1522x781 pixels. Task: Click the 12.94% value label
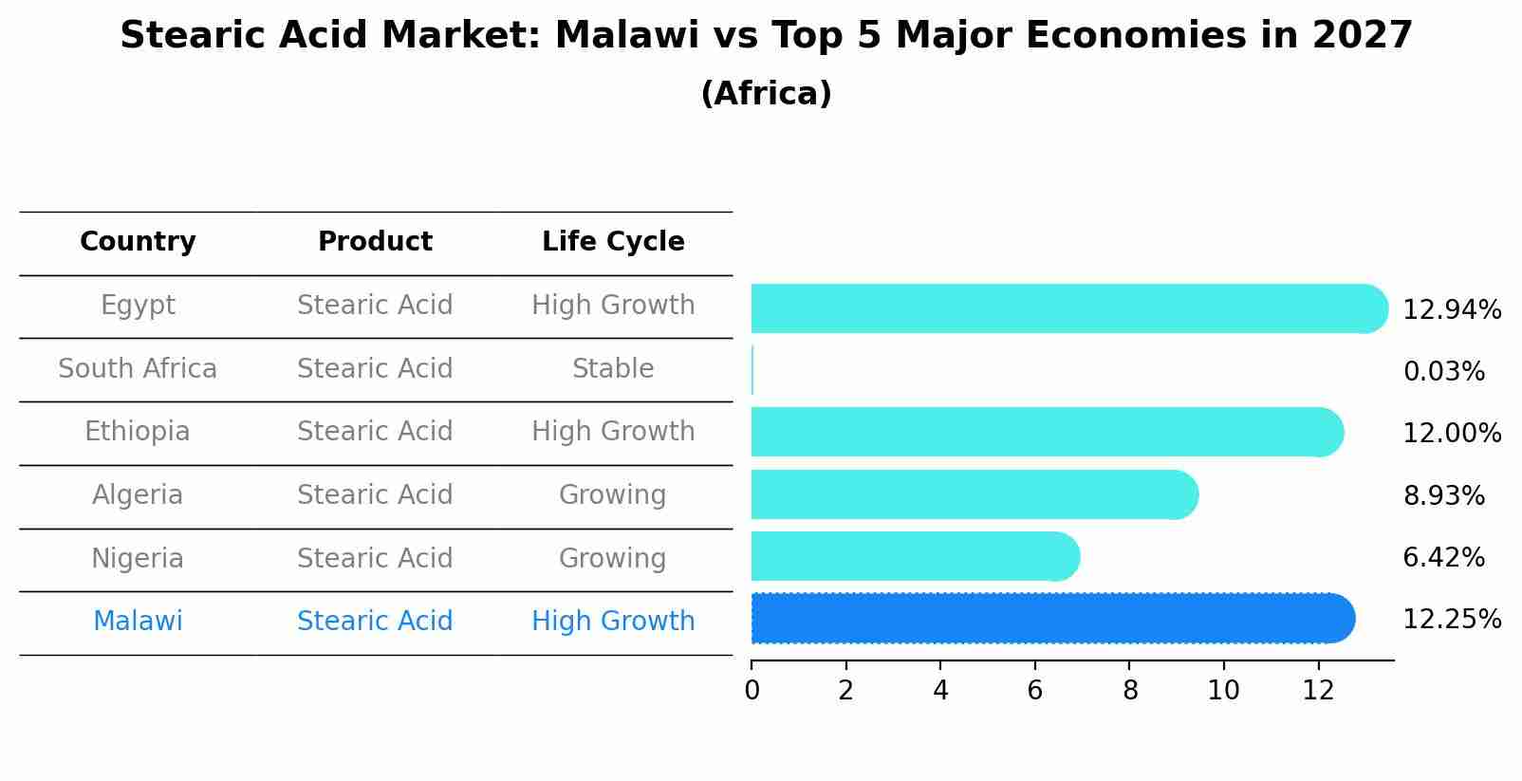coord(1451,310)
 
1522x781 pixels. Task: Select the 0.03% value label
coord(1443,372)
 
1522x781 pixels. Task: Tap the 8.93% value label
coord(1443,495)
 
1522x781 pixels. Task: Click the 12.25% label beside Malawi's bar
coord(1451,620)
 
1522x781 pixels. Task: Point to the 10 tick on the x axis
coord(1223,691)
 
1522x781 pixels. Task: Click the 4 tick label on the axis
coord(940,691)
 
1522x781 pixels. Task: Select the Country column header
coord(138,242)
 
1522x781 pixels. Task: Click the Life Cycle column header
coord(613,242)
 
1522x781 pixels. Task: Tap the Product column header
coord(375,242)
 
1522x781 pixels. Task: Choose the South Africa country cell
coord(138,369)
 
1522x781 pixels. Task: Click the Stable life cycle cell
coord(613,369)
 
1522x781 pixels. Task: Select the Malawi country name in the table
coord(138,622)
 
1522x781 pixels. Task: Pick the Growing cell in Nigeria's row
coord(613,558)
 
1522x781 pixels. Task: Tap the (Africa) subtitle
coord(766,94)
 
